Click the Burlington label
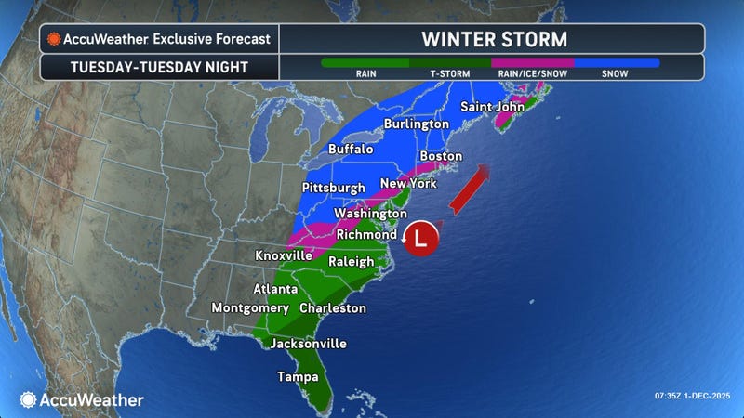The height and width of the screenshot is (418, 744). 416,124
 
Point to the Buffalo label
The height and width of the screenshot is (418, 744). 351,149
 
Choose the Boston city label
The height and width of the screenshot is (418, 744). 441,156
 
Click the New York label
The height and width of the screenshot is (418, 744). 408,183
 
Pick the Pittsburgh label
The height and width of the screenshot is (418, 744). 334,188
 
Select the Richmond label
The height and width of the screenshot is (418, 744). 366,234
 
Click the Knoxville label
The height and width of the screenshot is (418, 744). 284,255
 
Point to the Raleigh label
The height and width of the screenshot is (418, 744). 352,262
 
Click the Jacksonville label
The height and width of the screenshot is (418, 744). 308,344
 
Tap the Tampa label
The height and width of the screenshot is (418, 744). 298,377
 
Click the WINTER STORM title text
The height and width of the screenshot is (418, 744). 493,39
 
